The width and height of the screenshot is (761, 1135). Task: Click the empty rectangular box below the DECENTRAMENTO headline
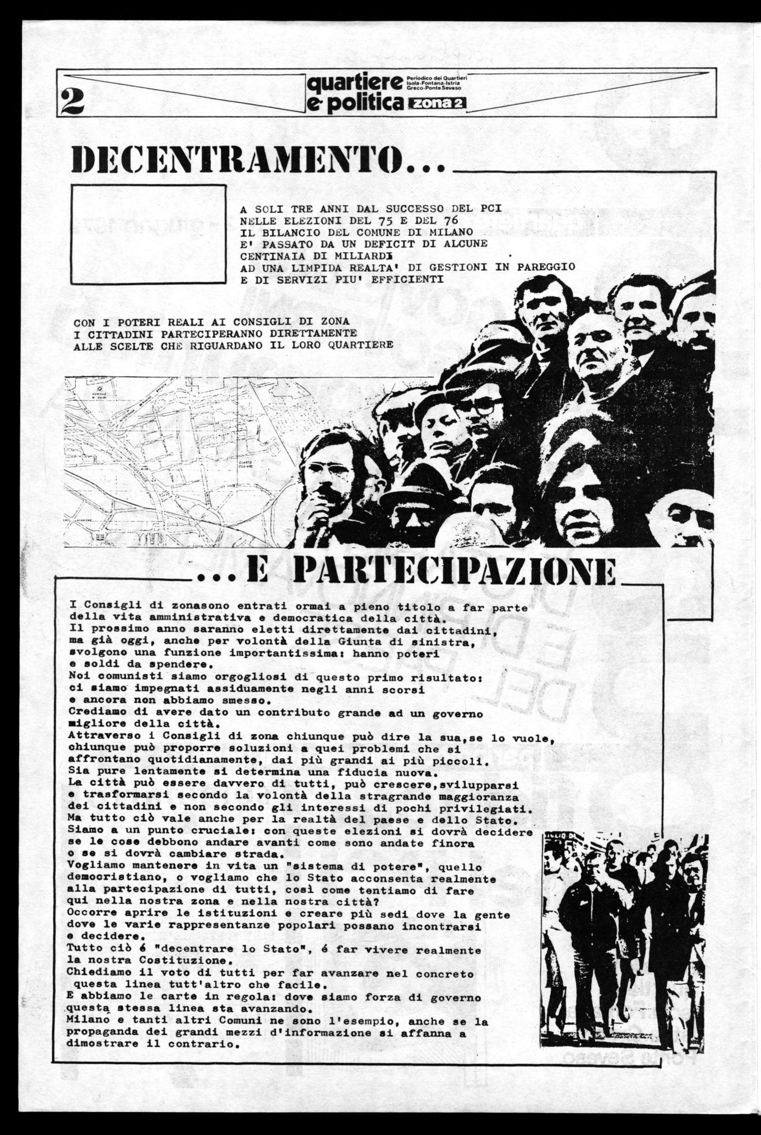pyautogui.click(x=149, y=234)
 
